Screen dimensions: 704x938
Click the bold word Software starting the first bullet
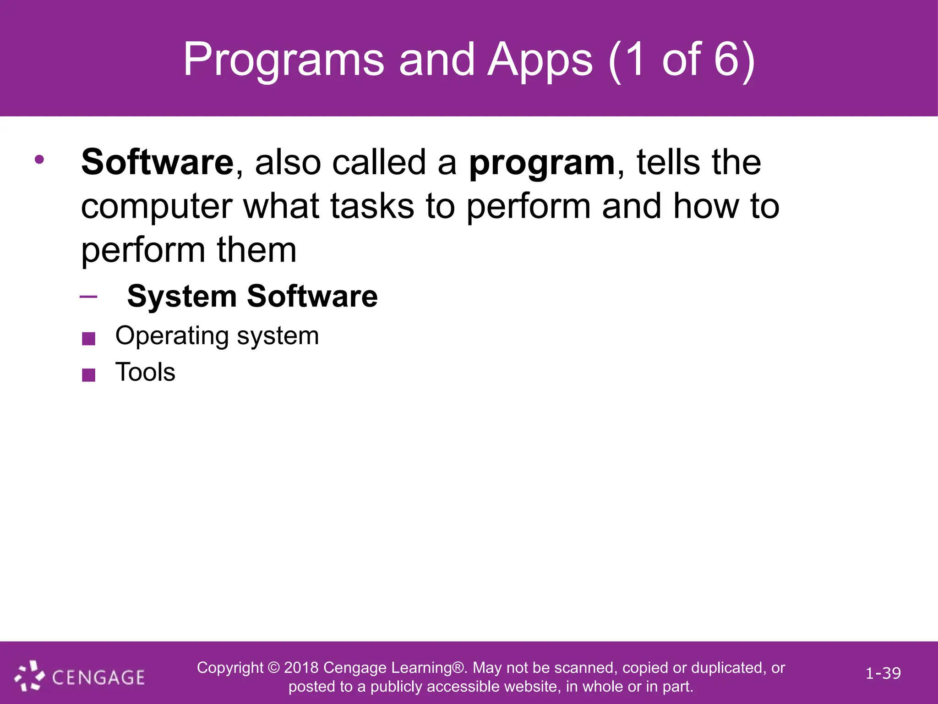pos(158,162)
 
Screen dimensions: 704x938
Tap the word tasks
pos(372,206)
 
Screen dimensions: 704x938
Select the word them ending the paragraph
pos(256,250)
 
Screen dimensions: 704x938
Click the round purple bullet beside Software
pos(39,159)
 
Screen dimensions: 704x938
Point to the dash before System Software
pos(88,297)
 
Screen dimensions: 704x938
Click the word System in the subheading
pos(181,297)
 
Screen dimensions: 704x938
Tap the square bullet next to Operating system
pos(88,339)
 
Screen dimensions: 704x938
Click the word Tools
pos(145,372)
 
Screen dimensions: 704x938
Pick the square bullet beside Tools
pos(88,375)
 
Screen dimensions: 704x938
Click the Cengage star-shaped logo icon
pos(30,676)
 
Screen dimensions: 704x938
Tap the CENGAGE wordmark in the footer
pos(98,677)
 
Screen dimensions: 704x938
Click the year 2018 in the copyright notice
pos(301,668)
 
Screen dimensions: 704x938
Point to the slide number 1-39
pos(883,673)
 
